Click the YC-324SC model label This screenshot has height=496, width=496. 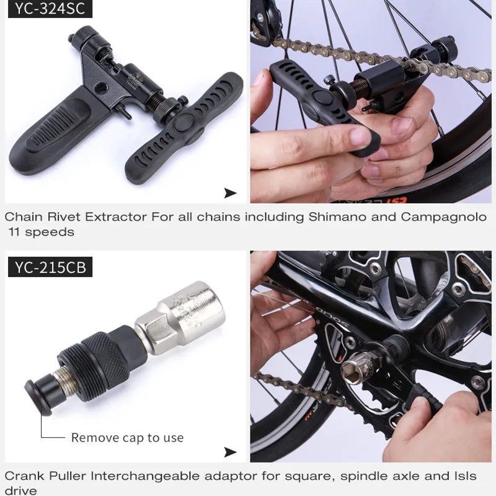(50, 9)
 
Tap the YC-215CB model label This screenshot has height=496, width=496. (50, 267)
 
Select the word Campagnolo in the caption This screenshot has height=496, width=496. (444, 218)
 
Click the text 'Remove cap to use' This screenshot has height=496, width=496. (127, 438)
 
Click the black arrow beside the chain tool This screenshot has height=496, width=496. (230, 193)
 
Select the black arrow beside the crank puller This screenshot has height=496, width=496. (230, 452)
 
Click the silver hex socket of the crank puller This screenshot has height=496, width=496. (180, 316)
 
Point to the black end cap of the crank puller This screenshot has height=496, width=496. (40, 397)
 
